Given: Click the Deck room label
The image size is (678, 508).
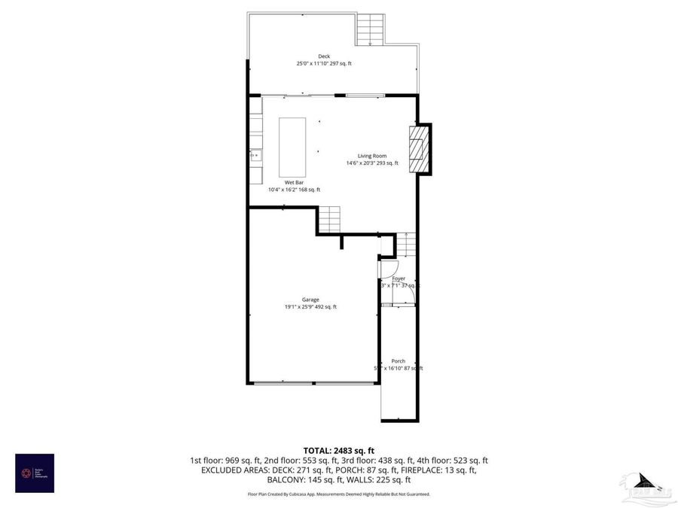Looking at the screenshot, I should pyautogui.click(x=324, y=56).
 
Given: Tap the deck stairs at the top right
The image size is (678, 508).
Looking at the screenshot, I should pyautogui.click(x=370, y=31).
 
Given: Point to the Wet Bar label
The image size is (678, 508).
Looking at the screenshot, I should pyautogui.click(x=294, y=183).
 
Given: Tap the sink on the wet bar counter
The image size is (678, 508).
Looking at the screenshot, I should pyautogui.click(x=255, y=156).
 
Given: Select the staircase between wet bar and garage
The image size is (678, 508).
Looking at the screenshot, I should pyautogui.click(x=328, y=220).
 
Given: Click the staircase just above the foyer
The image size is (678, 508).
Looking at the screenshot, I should pyautogui.click(x=405, y=245).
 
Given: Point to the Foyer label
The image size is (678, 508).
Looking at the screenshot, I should pyautogui.click(x=399, y=278).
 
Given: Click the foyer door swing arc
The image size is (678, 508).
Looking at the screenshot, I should pyautogui.click(x=388, y=268).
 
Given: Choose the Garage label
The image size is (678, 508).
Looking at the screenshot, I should pyautogui.click(x=310, y=300).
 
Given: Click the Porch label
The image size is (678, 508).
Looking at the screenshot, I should pyautogui.click(x=398, y=361).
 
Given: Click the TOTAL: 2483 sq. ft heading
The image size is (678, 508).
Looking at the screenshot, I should pyautogui.click(x=338, y=450).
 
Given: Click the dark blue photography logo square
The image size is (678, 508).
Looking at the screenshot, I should pyautogui.click(x=35, y=473).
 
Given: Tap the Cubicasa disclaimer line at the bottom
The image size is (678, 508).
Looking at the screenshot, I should pyautogui.click(x=338, y=494).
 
